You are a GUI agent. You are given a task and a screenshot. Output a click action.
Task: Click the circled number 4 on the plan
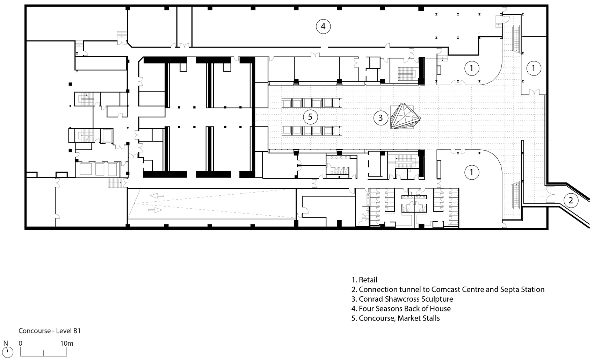pos(323,26)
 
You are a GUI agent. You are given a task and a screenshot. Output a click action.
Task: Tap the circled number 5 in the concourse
pos(310,117)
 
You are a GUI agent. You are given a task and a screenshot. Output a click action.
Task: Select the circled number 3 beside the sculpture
pos(381,118)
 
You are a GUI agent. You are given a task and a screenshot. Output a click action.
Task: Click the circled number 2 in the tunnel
pos(571,200)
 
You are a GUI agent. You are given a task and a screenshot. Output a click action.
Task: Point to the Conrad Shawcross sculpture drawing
pos(405,116)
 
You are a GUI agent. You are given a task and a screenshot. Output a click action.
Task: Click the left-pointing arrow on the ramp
pos(157,196)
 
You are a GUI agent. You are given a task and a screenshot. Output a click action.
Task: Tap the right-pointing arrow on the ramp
pos(155,210)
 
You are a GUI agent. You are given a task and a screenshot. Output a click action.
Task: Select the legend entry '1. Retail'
pos(364,280)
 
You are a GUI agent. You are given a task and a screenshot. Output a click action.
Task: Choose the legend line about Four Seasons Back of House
pos(401,309)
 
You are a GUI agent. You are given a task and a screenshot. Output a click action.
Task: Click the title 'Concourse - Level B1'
pos(50,331)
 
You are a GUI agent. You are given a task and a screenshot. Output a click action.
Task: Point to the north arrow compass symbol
pos(7,352)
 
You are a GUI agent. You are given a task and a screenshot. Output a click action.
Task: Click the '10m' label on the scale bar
pos(66,343)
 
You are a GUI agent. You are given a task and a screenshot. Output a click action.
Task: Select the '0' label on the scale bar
pos(20,343)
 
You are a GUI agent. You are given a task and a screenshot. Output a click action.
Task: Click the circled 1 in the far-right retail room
pos(534,69)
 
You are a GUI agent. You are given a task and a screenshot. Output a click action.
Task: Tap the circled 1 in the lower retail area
pos(471,172)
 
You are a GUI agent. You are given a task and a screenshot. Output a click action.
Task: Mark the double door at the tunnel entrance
pos(550,194)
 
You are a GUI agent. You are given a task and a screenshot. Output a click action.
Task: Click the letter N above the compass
pos(6,343)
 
